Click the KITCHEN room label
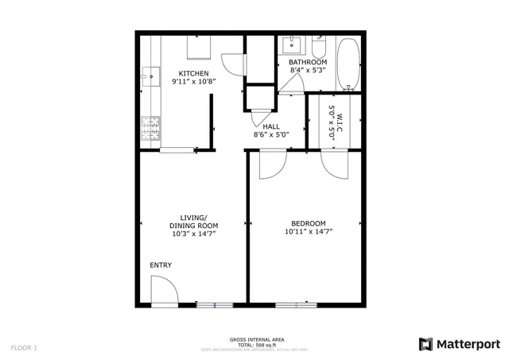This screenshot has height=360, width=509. (193, 74)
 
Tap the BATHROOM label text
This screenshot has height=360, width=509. (307, 62)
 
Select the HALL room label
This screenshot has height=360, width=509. (270, 126)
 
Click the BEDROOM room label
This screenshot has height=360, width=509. (308, 223)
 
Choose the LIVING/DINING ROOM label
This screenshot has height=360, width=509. (194, 222)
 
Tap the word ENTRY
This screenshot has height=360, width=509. (161, 265)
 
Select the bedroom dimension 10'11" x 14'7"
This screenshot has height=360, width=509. (308, 232)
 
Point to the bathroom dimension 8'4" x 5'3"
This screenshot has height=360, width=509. (307, 71)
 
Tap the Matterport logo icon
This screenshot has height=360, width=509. (426, 343)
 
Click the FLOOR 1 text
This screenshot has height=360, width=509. (24, 347)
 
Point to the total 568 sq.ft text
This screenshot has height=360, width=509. (254, 344)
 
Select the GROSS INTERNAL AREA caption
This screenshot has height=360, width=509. (254, 339)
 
